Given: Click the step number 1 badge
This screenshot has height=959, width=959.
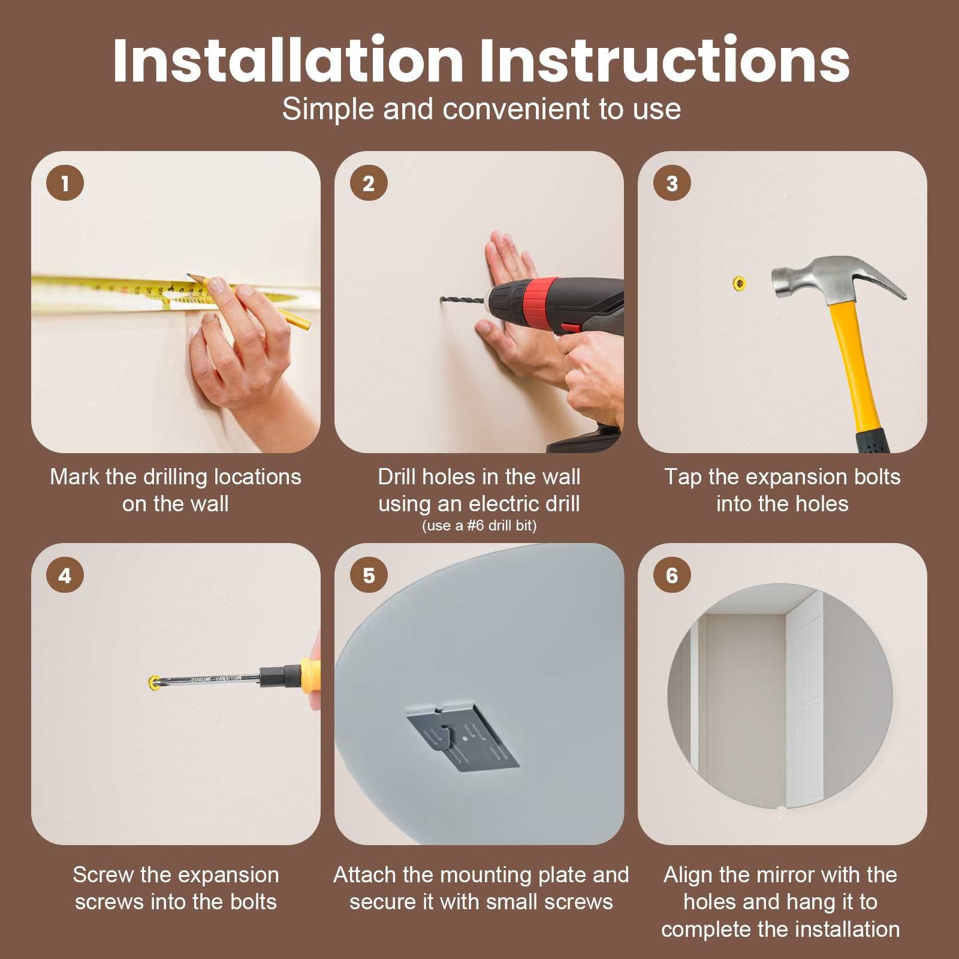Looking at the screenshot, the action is click(x=65, y=183).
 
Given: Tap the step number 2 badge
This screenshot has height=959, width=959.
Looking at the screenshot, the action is click(x=369, y=183).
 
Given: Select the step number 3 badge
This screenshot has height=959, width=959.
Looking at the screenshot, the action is click(x=672, y=183).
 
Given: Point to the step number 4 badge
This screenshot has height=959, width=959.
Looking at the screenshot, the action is click(x=65, y=575).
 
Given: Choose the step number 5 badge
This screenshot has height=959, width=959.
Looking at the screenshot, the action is click(x=369, y=575).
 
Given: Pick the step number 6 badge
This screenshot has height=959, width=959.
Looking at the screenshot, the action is click(x=672, y=575).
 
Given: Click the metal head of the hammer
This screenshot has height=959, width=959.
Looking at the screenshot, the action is click(x=833, y=279).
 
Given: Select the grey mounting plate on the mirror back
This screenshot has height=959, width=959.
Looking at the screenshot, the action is click(x=462, y=738).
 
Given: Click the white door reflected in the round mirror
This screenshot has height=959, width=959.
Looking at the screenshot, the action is click(x=804, y=698).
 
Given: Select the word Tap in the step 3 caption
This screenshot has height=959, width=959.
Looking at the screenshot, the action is click(x=683, y=478).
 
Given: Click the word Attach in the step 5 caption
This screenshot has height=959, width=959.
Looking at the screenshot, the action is click(x=365, y=875).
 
